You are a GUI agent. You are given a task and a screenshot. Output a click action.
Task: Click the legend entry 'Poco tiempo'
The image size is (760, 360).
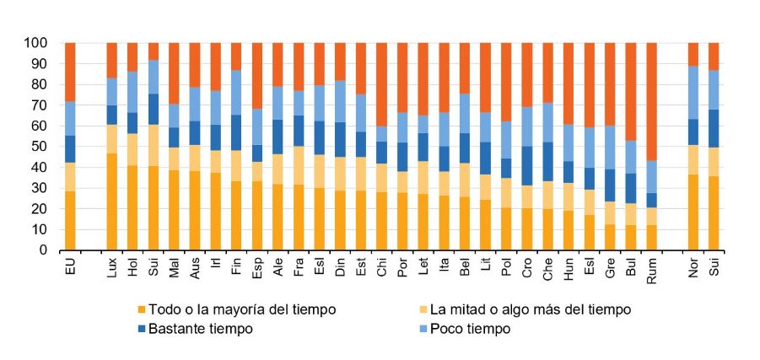(x=473, y=329)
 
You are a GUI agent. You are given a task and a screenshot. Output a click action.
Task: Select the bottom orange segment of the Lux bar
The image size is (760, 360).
(x=111, y=201)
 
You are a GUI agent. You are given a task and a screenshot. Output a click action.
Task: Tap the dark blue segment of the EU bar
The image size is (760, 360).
(x=70, y=149)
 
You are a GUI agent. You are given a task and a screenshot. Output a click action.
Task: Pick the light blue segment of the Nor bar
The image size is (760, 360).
(x=693, y=93)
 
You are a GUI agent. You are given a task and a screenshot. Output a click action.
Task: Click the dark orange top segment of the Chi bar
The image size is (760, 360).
(x=381, y=84)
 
